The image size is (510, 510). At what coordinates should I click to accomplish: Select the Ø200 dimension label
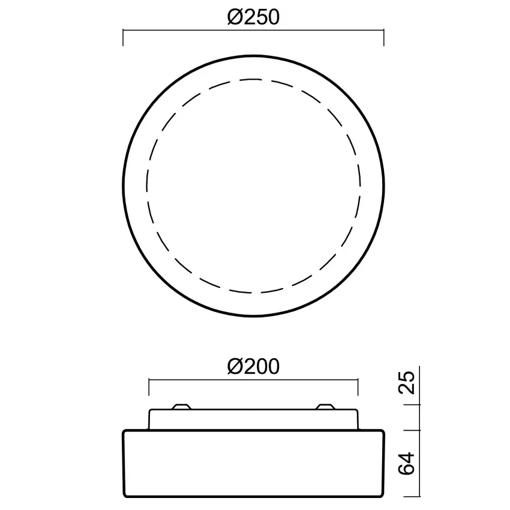(253, 367)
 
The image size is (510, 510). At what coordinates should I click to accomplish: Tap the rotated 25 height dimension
(407, 383)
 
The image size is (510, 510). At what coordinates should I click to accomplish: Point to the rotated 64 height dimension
(407, 463)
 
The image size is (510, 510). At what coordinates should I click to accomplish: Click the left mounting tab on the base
(181, 407)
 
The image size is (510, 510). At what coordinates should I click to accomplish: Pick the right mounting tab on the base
(326, 407)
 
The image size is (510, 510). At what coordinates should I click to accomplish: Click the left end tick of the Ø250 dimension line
(123, 37)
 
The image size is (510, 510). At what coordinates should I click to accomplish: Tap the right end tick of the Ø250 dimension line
(384, 37)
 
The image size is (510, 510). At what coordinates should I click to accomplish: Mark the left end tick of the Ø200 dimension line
(149, 387)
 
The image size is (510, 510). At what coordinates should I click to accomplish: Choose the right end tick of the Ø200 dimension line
(358, 387)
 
